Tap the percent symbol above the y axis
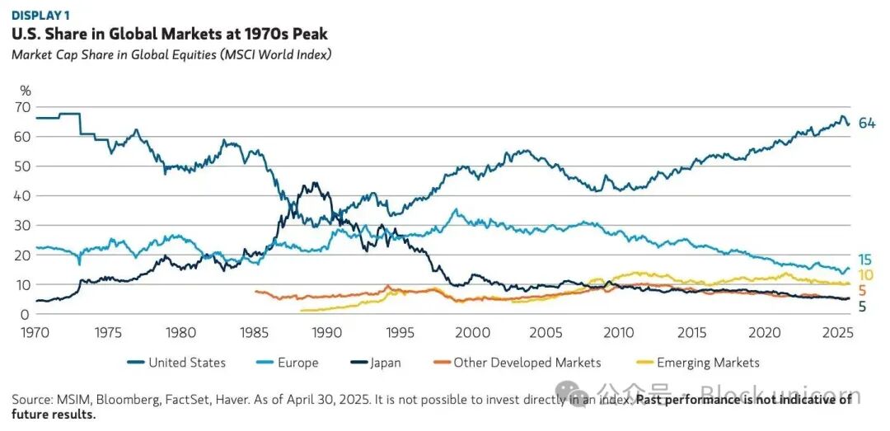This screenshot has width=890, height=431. [26, 91]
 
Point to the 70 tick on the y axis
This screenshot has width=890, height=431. [25, 107]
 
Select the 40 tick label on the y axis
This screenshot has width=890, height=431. [25, 196]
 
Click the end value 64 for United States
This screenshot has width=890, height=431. [867, 124]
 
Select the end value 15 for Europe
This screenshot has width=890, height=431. [864, 260]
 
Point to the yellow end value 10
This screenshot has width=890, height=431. [865, 275]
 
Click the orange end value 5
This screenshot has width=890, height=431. [862, 291]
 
